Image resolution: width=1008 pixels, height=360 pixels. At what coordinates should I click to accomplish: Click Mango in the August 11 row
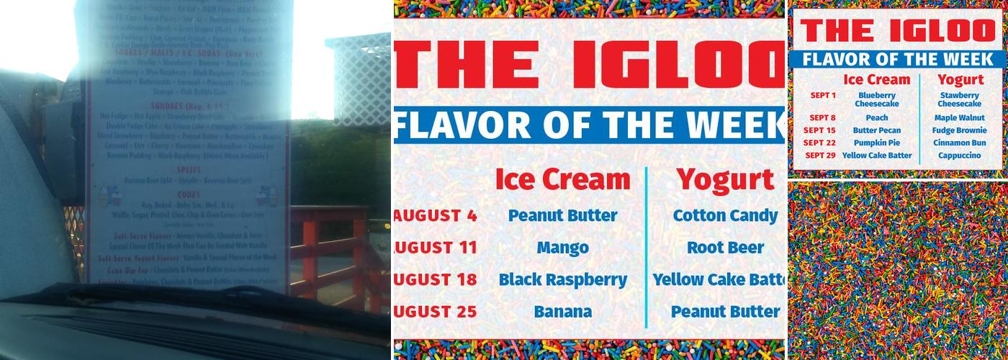coord(562,248)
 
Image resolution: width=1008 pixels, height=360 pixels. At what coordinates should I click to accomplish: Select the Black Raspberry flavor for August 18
coord(562,279)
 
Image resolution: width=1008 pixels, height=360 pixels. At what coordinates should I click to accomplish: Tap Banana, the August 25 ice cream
coord(562,312)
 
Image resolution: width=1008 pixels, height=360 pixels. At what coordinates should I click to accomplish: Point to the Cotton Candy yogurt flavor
coord(725,215)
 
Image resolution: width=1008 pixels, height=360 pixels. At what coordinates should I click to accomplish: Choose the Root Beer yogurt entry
coord(725,248)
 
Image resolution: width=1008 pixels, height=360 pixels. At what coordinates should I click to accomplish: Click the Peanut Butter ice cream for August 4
coord(562,215)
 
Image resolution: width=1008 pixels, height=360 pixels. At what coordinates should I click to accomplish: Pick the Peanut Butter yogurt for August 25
coord(725,312)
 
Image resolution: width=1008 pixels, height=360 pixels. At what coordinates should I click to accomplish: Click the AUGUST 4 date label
coord(436,215)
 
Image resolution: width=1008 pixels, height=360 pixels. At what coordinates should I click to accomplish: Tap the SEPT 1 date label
coord(822,95)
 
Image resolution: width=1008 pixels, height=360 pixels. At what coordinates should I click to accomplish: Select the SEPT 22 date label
coord(819,143)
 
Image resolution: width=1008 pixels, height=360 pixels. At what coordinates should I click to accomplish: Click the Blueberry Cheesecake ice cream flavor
coord(876,99)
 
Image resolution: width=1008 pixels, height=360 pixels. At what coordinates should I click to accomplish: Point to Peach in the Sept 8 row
coord(876,117)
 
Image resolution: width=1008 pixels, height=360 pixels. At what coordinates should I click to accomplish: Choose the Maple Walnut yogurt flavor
coord(959,117)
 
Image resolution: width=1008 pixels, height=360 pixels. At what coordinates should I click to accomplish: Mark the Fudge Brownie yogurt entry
coord(959,130)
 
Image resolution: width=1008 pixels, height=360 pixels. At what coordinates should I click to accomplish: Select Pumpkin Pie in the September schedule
coord(876,143)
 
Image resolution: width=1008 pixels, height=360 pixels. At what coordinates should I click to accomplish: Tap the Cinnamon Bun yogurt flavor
coord(959,143)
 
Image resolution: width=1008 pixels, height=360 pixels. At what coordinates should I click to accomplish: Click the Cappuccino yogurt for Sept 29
coord(959,156)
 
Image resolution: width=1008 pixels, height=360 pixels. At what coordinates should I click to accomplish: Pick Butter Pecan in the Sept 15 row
coord(876,130)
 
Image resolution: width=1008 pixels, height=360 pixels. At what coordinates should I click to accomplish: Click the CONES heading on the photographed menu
coord(187,194)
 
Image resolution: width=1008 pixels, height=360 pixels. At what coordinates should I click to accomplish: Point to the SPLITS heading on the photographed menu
coord(187,169)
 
